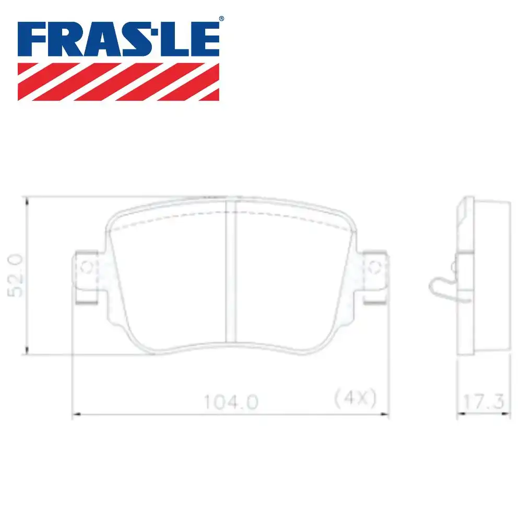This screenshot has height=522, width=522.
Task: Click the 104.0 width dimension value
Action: click(x=231, y=402)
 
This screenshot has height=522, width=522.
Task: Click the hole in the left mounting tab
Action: click(x=87, y=268)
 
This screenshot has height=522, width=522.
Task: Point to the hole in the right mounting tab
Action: click(x=374, y=268)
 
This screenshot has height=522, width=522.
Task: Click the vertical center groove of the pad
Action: click(x=231, y=271)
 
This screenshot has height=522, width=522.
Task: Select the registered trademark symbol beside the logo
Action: click(x=221, y=19)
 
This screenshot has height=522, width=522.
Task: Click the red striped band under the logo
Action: click(x=118, y=81)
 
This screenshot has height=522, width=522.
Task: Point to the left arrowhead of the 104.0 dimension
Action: click(x=74, y=414)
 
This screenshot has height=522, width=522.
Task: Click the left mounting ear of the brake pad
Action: click(x=86, y=277)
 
